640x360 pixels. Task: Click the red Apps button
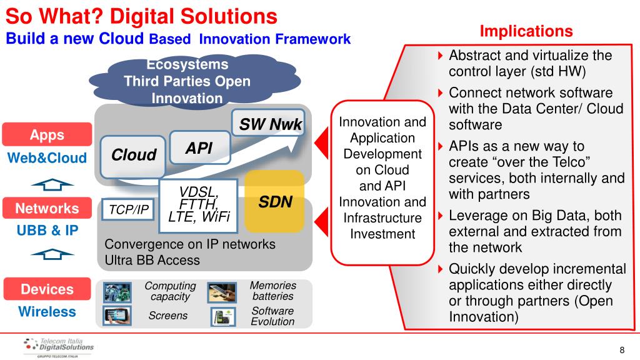(x=47, y=135)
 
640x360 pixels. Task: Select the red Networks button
(x=47, y=208)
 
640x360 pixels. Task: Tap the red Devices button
(x=47, y=289)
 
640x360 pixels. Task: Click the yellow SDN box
(x=274, y=202)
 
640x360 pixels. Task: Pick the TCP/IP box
(x=129, y=210)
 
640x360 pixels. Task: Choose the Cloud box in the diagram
(x=134, y=155)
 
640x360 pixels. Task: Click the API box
(x=199, y=148)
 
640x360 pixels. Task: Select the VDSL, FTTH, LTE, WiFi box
(x=199, y=204)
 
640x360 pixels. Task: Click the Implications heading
(x=526, y=31)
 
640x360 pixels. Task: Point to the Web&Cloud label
(x=47, y=157)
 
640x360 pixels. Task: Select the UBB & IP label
(x=47, y=230)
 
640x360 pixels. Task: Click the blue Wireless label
(x=47, y=311)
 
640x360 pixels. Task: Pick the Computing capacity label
(x=170, y=291)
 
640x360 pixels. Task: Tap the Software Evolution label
(x=272, y=316)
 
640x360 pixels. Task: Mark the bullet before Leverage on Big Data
(x=441, y=216)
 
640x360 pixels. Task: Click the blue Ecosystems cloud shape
(x=187, y=81)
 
